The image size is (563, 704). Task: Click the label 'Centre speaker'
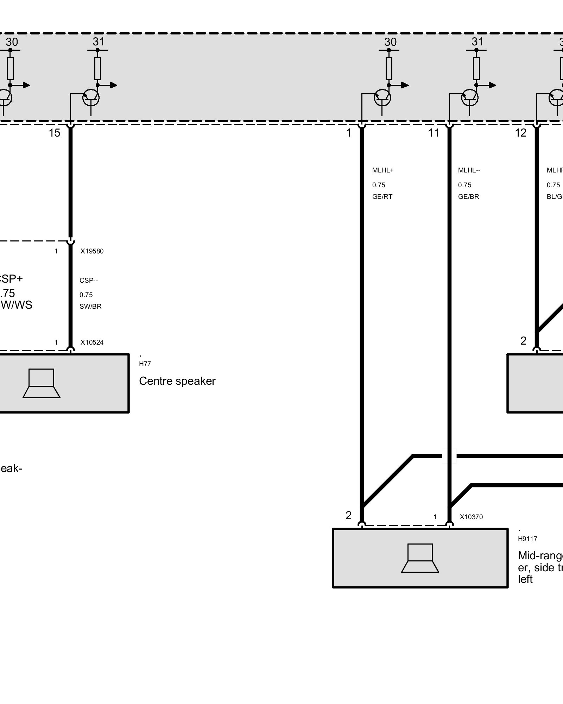tap(177, 381)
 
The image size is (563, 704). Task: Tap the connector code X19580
tap(92, 251)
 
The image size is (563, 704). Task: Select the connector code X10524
tap(92, 342)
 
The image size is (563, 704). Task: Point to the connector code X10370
tap(471, 517)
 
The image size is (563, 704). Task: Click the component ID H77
tap(145, 364)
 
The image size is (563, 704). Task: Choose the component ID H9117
tap(527, 539)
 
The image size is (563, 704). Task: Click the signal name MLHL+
tap(383, 170)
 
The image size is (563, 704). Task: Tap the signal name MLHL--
tap(469, 170)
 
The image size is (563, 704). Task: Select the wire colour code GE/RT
tap(382, 197)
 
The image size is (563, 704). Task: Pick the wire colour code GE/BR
tap(468, 197)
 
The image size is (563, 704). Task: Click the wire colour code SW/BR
tap(90, 307)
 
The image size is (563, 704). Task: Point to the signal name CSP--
tap(89, 281)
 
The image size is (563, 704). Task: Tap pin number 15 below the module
tap(55, 133)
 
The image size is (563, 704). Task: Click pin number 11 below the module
tap(434, 133)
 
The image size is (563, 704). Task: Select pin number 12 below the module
tap(520, 133)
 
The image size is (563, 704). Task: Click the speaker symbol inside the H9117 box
tap(420, 558)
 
